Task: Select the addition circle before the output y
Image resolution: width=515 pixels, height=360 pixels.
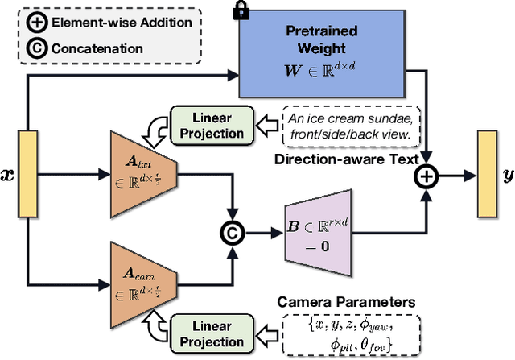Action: point(426,173)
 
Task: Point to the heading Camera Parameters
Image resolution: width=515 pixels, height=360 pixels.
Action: point(347,301)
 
